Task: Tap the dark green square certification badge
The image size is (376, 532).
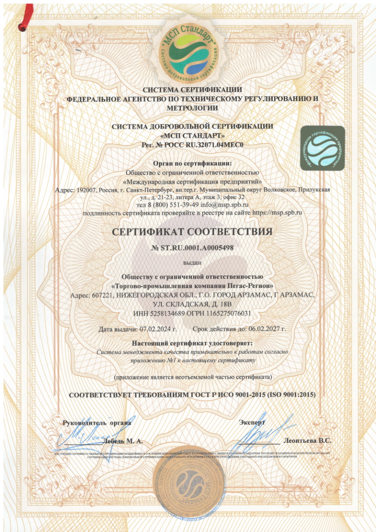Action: (x=323, y=148)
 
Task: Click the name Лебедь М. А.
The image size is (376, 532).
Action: (x=122, y=440)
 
